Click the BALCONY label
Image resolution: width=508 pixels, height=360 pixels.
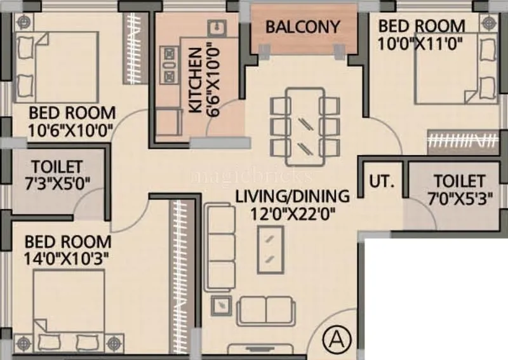(x=302, y=27)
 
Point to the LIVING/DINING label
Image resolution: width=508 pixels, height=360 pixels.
(x=292, y=196)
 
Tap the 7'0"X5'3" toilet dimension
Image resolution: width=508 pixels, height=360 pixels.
(x=459, y=198)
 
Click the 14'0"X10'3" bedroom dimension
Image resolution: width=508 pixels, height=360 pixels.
(x=68, y=259)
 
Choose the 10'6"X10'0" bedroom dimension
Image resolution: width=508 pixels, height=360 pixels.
(x=71, y=130)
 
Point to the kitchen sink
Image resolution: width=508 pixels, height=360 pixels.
(x=217, y=29)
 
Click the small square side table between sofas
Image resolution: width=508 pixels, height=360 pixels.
(x=222, y=305)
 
